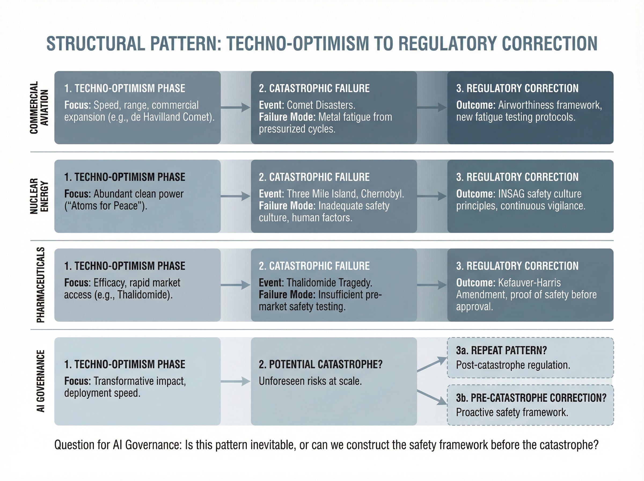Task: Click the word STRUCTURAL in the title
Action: coord(96,44)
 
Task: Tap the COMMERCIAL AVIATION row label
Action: coord(39,107)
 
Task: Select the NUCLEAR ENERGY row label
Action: coord(39,196)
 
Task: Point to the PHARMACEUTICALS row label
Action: coord(41,285)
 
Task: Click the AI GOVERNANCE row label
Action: coord(41,381)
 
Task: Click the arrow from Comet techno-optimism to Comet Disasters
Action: coord(235,107)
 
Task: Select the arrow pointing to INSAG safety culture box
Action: coord(432,196)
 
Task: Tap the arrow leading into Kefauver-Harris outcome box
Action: coord(432,285)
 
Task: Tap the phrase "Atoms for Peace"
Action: coord(105,206)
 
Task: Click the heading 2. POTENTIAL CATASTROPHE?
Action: coord(321,364)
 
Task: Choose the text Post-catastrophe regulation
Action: coord(513,365)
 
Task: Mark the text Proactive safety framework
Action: coord(512,413)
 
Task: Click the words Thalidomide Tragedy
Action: coord(330,283)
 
